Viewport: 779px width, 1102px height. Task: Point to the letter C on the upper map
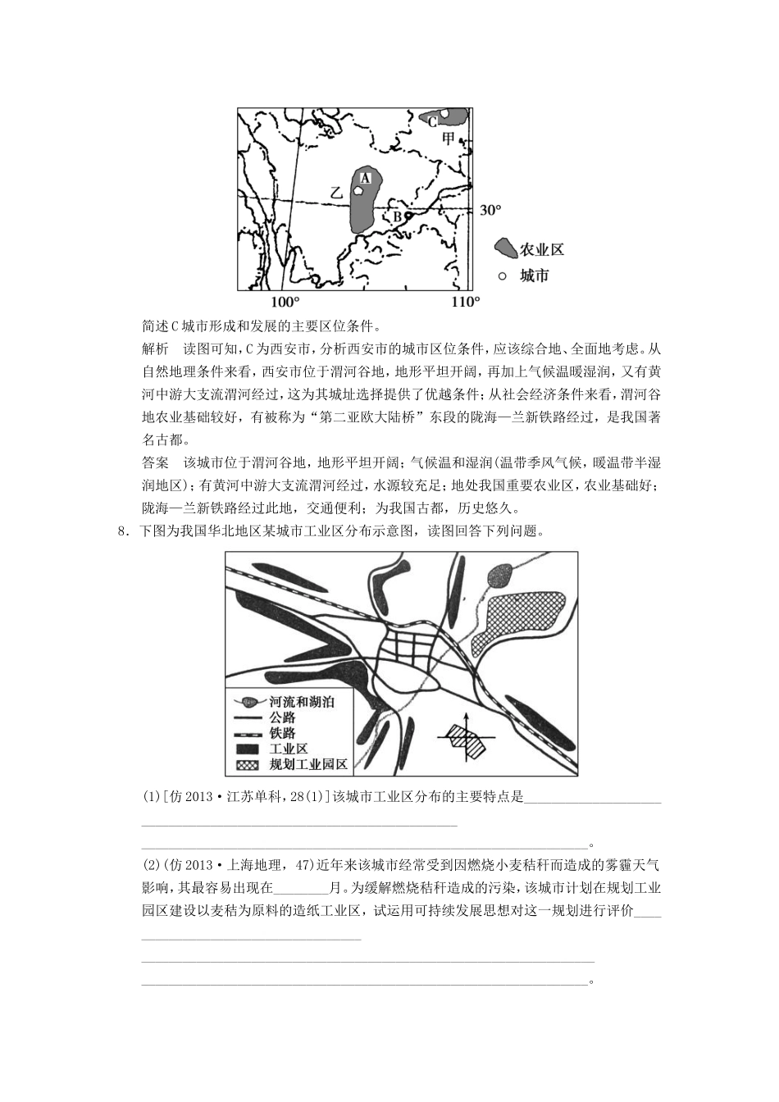click(x=432, y=121)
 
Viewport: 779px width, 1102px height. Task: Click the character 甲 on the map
click(x=448, y=138)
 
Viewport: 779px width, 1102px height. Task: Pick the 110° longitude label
click(x=465, y=303)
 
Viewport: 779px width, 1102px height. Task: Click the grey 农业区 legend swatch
click(x=505, y=248)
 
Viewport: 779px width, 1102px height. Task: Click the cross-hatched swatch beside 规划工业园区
click(x=247, y=764)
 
